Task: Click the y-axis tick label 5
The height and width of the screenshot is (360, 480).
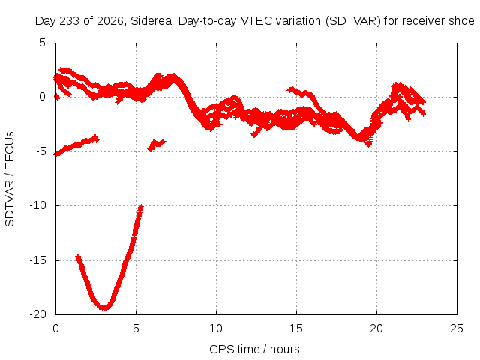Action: coord(42,43)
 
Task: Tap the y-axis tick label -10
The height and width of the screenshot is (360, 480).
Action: coord(38,205)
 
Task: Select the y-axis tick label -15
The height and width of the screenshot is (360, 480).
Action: coord(38,260)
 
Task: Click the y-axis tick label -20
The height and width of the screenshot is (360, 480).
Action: coord(38,314)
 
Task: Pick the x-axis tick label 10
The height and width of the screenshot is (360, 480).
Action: coord(216,328)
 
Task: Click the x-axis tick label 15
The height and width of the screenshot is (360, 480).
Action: coord(296,328)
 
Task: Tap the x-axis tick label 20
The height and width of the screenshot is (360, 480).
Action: coord(376,328)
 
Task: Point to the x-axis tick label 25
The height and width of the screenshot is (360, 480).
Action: coord(457,328)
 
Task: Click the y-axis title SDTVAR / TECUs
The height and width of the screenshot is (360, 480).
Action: coord(10,179)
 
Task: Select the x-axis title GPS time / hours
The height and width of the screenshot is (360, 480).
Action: coord(254,349)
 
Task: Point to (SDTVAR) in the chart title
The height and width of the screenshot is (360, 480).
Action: coord(353,21)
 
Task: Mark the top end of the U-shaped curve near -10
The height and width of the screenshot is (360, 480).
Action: coord(141,207)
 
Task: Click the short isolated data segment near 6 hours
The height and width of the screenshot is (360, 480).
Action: coord(157,145)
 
